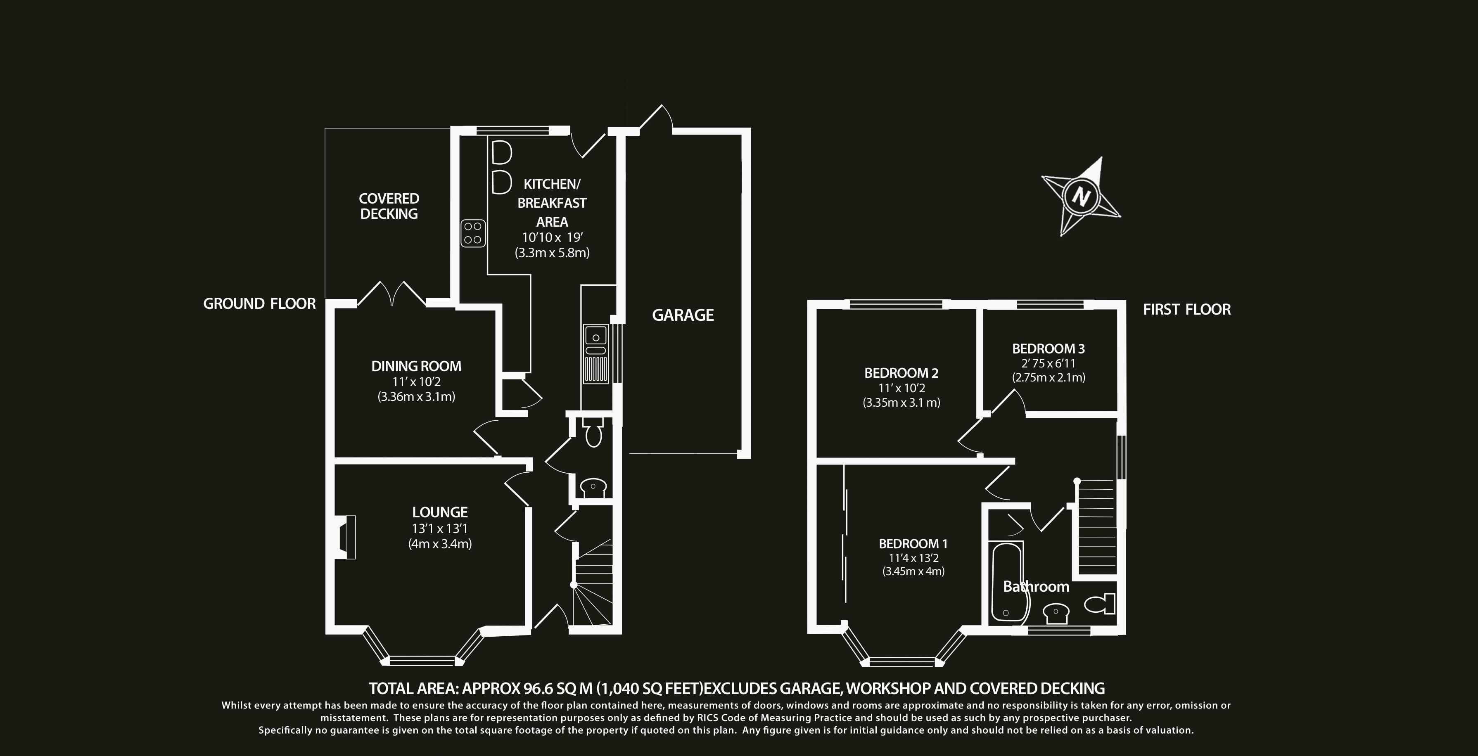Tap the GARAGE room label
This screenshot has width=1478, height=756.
(683, 315)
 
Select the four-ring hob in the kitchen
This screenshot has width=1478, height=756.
(473, 233)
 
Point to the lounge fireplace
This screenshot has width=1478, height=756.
(346, 537)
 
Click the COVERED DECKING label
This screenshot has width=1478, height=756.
(389, 206)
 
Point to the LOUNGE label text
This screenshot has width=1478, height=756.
(440, 512)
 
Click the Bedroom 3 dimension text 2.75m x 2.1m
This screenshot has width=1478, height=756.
(1048, 377)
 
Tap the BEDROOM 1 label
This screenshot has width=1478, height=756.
(913, 544)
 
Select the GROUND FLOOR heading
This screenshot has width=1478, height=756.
(259, 304)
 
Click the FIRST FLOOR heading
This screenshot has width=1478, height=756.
(1186, 310)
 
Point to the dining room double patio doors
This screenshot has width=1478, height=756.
(392, 294)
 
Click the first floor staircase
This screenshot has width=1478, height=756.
(1097, 527)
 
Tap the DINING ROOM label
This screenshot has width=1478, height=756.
(416, 366)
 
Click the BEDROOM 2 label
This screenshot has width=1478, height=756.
(902, 373)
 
